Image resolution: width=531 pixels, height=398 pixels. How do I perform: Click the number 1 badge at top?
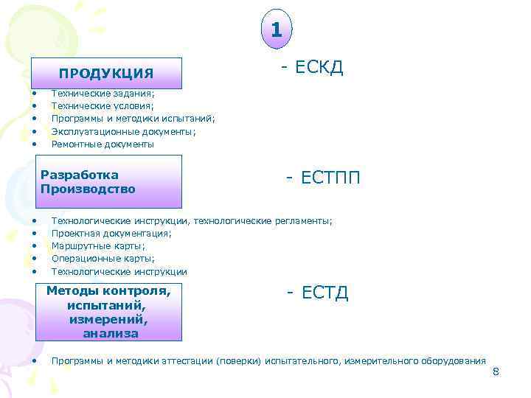tap(276, 30)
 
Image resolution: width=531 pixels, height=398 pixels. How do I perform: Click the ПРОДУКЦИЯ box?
tap(106, 73)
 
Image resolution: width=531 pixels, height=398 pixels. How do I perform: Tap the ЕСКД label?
tap(313, 68)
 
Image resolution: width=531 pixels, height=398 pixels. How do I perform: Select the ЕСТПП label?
tap(324, 178)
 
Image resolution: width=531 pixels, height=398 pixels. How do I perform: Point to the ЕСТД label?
tap(318, 293)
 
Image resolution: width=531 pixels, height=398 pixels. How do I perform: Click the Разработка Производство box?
tap(106, 182)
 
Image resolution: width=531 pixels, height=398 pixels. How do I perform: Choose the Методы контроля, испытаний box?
tap(108, 312)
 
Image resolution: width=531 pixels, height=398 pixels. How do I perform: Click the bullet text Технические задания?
tap(103, 94)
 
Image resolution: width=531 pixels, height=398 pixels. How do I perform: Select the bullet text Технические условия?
tap(103, 106)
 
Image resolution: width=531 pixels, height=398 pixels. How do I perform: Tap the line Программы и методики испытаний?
tap(133, 119)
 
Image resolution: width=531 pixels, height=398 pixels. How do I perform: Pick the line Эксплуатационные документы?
tap(123, 131)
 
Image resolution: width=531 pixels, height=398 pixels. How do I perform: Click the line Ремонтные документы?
tap(103, 144)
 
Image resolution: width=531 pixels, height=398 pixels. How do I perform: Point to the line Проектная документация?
tap(111, 233)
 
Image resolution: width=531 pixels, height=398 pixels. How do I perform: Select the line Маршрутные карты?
tap(98, 245)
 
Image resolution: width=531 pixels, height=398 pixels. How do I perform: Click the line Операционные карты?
tap(103, 259)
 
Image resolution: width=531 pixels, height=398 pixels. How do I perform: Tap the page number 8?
tap(496, 371)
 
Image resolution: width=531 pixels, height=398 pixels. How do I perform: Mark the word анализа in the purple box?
tap(111, 333)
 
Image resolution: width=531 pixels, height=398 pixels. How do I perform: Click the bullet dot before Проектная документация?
tap(35, 233)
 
